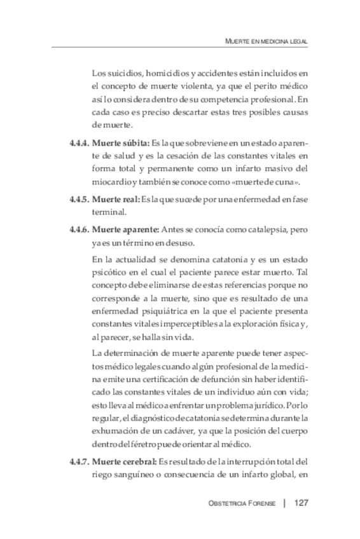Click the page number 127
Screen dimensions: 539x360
(301, 503)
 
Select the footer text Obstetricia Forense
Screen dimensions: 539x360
(242, 503)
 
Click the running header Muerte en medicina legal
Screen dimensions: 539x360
(267, 41)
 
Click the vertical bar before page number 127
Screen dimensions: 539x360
(284, 503)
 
